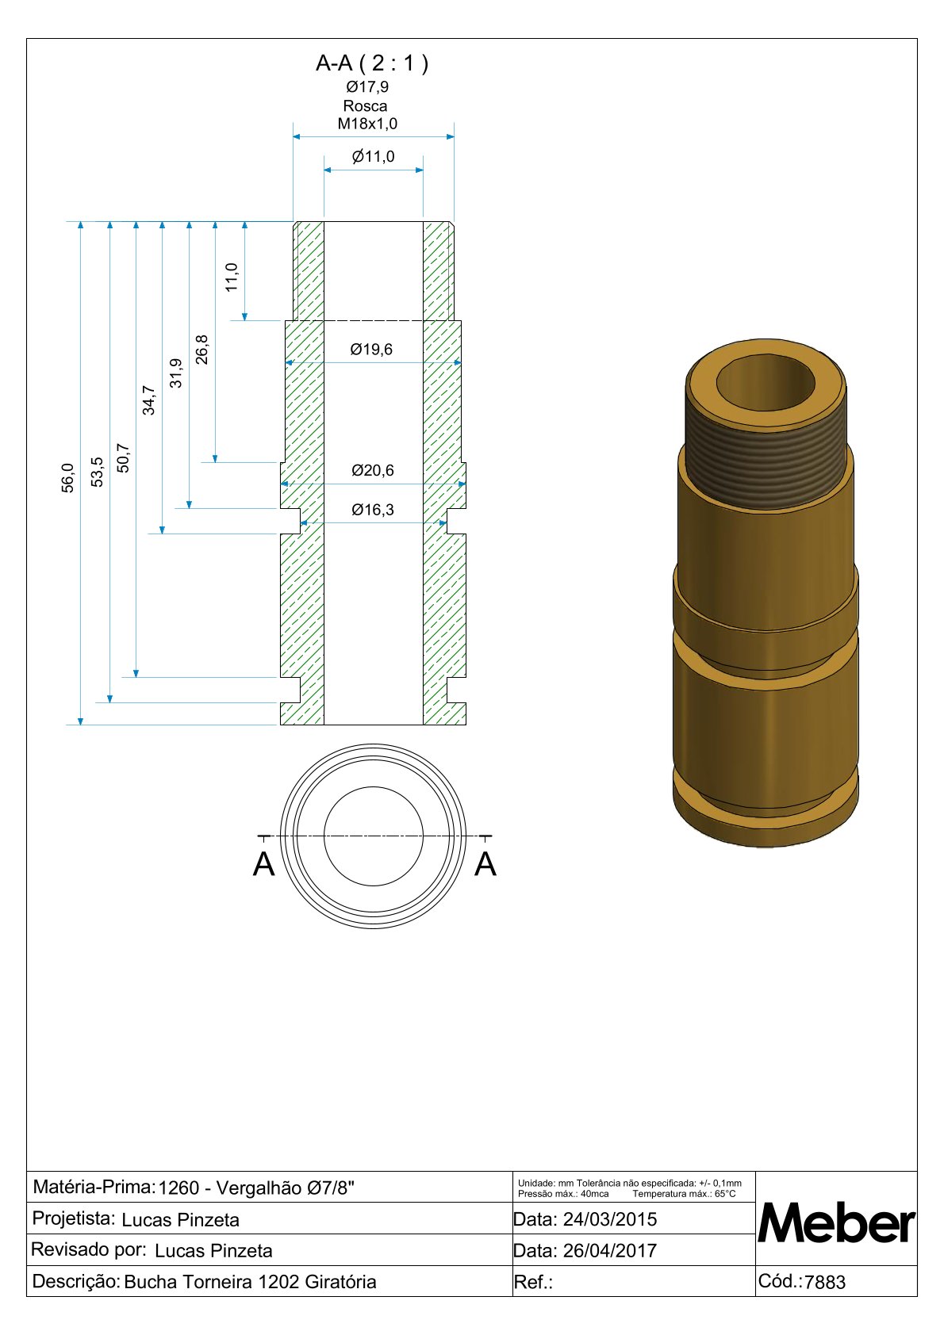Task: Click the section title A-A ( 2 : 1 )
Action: [372, 63]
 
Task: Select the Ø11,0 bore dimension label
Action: [374, 157]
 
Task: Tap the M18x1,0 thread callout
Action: [367, 124]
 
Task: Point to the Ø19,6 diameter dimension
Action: [371, 350]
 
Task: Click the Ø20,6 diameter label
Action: [373, 471]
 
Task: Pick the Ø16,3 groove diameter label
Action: [373, 511]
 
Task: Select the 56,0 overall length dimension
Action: [68, 478]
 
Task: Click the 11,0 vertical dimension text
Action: [232, 277]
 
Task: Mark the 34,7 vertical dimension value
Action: [148, 400]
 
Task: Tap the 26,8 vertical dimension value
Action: [202, 350]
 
